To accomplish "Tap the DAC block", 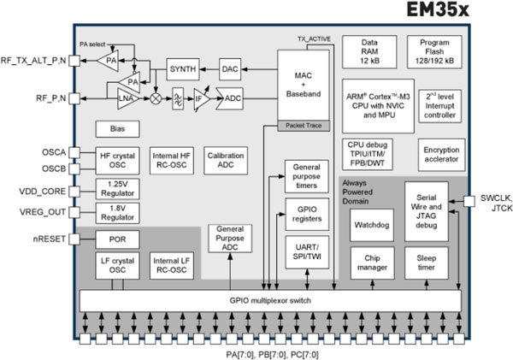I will (x=230, y=69).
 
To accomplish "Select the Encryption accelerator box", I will (x=440, y=156).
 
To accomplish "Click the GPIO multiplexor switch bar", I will (x=270, y=301).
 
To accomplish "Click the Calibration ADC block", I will (x=226, y=161).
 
